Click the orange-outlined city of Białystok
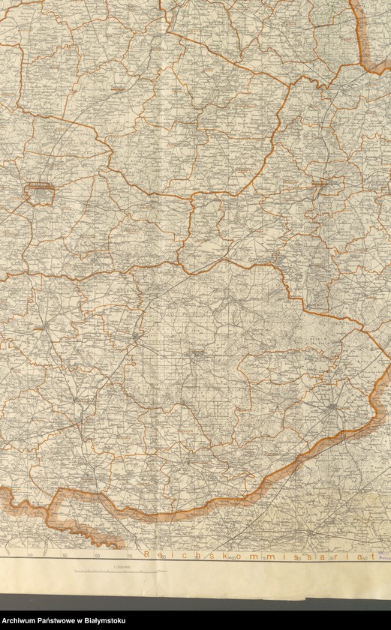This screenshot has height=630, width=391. point(40,194)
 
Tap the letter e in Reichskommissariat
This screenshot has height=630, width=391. point(155,556)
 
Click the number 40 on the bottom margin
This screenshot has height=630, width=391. point(30,556)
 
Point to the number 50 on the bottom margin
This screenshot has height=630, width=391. point(65,556)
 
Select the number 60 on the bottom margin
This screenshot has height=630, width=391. point(98,556)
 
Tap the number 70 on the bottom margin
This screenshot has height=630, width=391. point(129,556)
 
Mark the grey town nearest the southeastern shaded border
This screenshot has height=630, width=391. point(332,407)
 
